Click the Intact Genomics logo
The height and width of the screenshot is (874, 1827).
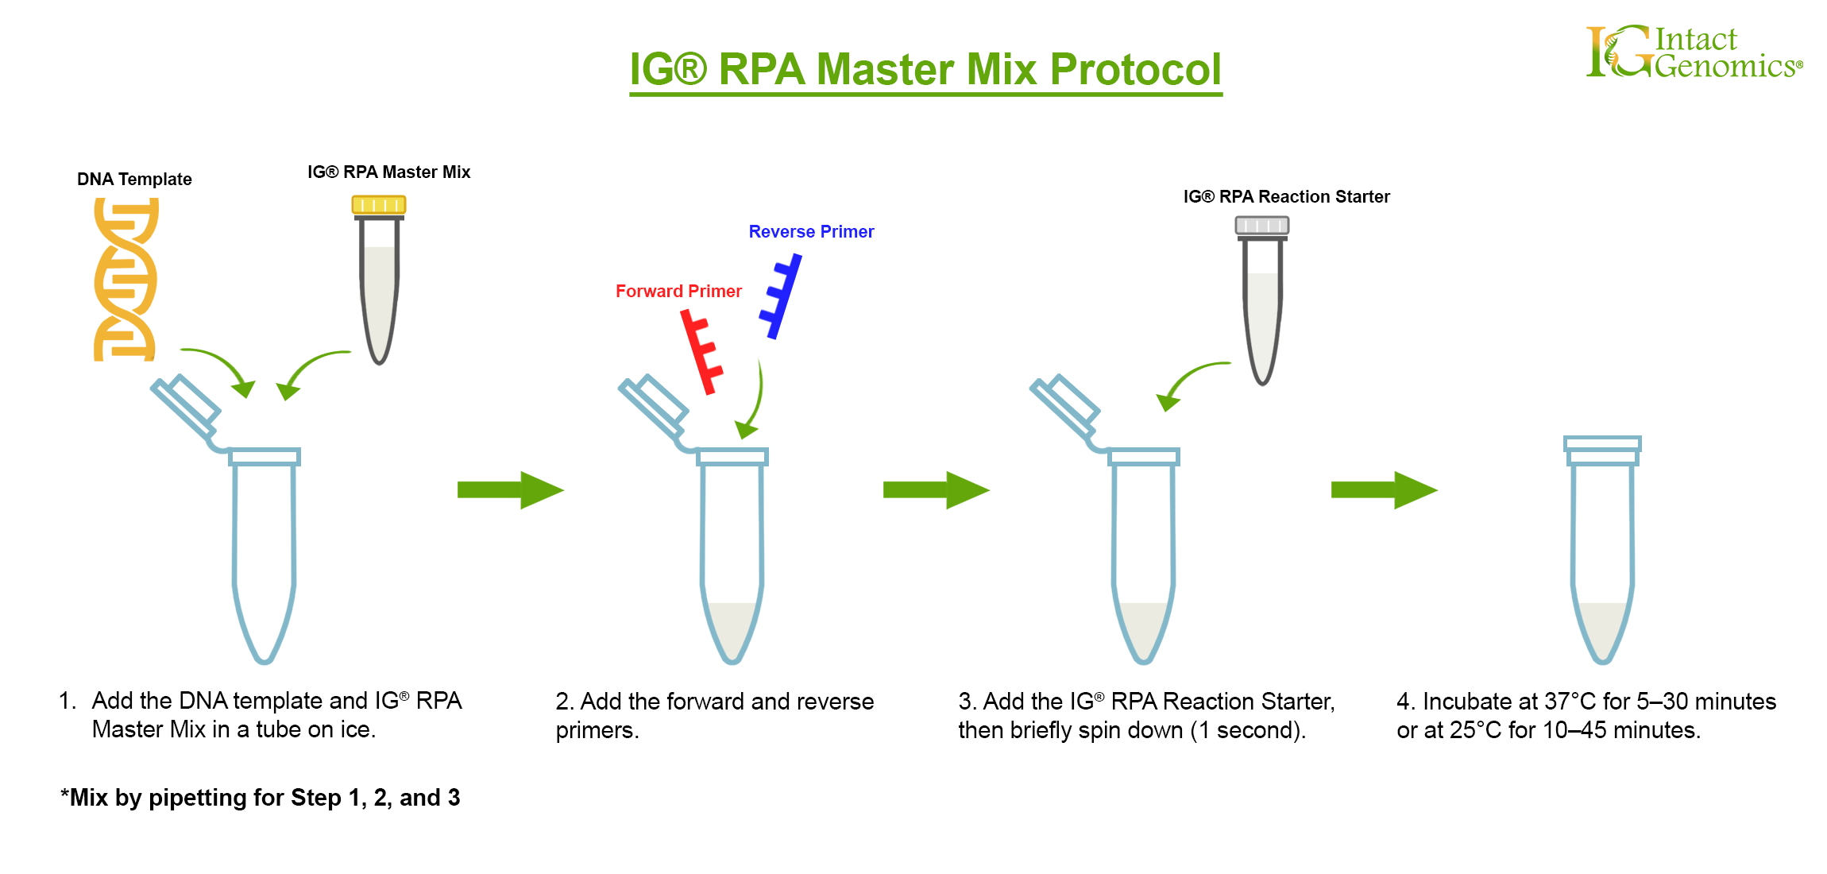click(x=1694, y=52)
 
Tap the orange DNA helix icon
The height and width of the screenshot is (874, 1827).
click(x=126, y=279)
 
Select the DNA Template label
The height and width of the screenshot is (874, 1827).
click(x=134, y=180)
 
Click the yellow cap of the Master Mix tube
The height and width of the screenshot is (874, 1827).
click(x=379, y=205)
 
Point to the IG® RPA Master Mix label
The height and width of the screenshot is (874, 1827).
click(x=388, y=172)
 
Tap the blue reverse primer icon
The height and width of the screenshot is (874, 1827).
click(x=782, y=296)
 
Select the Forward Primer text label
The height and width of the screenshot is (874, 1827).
click(x=678, y=292)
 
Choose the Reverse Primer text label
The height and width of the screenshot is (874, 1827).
click(x=811, y=232)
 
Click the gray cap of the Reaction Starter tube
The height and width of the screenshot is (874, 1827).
click(x=1261, y=226)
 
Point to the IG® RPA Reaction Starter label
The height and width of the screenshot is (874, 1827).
click(x=1286, y=197)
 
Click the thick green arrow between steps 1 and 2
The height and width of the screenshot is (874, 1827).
click(x=510, y=490)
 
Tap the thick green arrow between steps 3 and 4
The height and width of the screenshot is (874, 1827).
click(x=1384, y=490)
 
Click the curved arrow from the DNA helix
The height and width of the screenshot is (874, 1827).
click(x=222, y=365)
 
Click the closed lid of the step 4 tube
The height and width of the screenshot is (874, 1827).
click(x=1602, y=444)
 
